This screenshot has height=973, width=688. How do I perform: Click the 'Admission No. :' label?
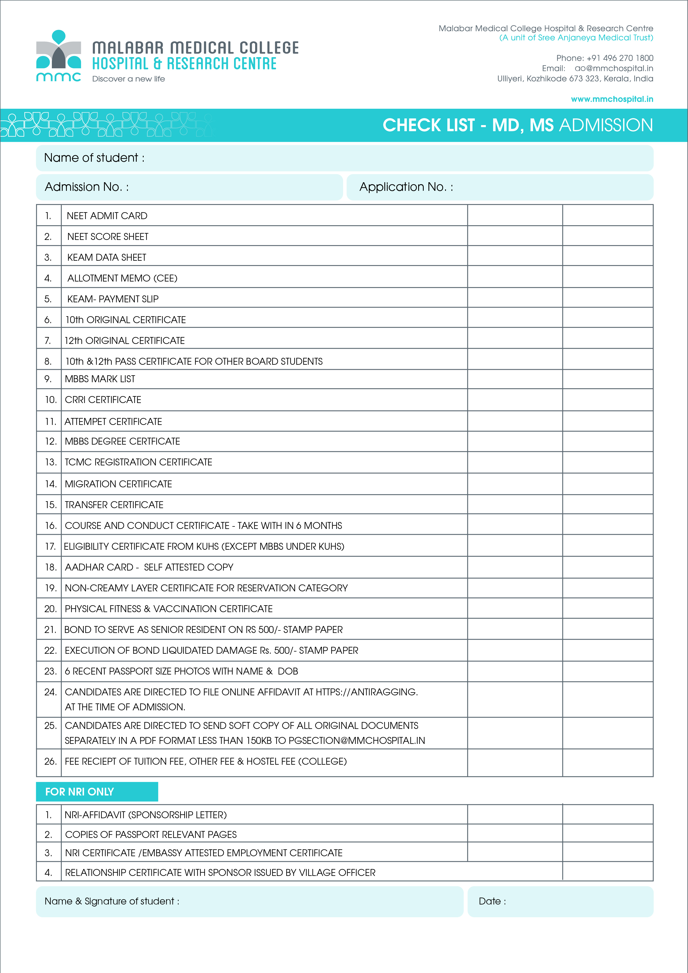tap(87, 187)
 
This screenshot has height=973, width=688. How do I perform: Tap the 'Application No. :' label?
tap(406, 187)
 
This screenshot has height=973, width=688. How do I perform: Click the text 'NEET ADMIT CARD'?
tap(107, 216)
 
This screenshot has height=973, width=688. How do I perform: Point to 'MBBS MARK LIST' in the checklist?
tap(100, 379)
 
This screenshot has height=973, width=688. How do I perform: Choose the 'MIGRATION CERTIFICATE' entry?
tap(118, 484)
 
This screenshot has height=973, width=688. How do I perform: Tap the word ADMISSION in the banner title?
tap(606, 125)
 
